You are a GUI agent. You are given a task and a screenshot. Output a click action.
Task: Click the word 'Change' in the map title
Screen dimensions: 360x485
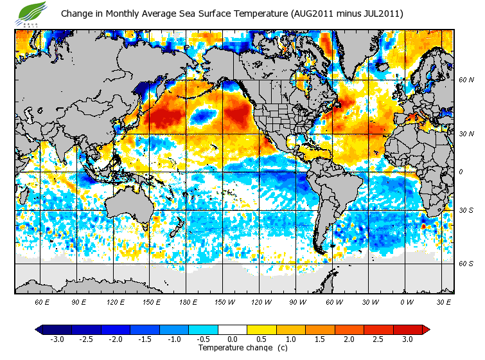tap(77, 14)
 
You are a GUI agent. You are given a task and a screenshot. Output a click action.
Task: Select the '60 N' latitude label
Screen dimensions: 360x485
tap(466, 81)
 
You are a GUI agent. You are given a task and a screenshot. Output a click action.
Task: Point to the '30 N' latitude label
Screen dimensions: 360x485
tap(466, 134)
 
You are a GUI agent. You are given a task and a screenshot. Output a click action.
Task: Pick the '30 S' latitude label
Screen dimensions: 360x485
tap(466, 211)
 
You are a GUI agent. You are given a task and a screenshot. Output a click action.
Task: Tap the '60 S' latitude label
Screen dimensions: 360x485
tap(466, 263)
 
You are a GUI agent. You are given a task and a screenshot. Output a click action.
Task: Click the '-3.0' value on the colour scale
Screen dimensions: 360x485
tap(57, 339)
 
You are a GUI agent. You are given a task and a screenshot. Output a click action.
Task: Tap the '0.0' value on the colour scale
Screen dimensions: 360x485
tap(233, 339)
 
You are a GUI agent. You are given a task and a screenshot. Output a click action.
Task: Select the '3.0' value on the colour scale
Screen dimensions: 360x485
tap(407, 339)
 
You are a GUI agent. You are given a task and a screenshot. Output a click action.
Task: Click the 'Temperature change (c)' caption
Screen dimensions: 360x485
tap(233, 348)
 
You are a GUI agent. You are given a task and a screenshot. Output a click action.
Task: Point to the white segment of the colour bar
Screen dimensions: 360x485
tap(233, 330)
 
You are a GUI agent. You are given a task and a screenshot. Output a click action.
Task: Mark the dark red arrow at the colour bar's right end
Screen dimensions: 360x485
tap(426, 330)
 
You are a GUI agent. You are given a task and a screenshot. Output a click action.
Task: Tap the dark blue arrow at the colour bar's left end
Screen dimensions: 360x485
tap(39, 330)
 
